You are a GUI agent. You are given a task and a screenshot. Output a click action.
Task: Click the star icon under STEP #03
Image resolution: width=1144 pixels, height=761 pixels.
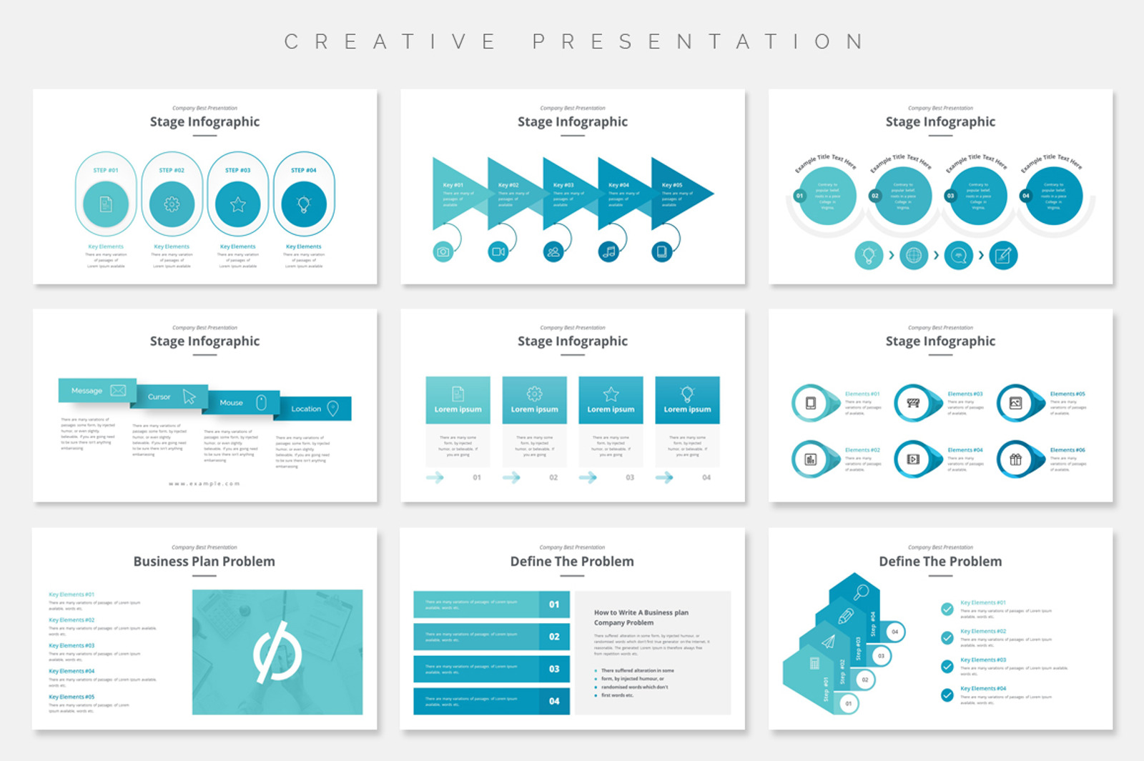point(238,204)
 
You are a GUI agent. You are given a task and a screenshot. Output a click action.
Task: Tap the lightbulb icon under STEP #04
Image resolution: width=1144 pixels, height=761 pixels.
point(304,204)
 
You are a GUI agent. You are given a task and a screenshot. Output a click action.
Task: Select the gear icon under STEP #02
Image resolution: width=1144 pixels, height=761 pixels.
point(172,204)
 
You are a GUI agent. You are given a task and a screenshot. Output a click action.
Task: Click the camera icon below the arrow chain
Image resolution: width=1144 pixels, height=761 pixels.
point(443,252)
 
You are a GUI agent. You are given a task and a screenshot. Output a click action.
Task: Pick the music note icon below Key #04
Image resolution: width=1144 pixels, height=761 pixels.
point(608,252)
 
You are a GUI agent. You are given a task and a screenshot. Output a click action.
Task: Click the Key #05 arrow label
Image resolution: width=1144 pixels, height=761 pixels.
point(672,185)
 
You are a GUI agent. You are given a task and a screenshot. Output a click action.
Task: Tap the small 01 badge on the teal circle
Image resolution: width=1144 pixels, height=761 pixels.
point(799,196)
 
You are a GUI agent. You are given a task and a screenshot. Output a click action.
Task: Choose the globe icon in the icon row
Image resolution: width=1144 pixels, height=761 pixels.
point(914,255)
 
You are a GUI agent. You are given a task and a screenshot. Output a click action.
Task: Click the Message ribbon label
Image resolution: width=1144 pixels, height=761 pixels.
point(87,391)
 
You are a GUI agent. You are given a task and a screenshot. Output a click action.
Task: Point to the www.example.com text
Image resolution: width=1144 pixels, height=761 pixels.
point(204,484)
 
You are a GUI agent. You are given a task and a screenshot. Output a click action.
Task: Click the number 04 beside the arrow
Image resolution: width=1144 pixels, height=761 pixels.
point(706,477)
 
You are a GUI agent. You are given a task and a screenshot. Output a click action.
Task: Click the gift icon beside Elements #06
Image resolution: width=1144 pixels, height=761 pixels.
point(1015,459)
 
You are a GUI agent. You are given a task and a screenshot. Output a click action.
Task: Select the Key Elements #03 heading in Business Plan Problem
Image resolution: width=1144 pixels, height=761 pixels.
point(71,645)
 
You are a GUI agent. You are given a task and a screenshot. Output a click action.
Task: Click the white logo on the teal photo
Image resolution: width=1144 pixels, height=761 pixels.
point(277,652)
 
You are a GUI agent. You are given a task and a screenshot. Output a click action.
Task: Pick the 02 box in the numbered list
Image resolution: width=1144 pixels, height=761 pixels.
point(554,637)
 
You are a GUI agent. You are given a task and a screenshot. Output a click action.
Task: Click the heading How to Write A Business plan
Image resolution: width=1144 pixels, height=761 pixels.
point(641,612)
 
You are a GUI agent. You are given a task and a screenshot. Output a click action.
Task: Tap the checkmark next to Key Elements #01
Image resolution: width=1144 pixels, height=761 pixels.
point(947,609)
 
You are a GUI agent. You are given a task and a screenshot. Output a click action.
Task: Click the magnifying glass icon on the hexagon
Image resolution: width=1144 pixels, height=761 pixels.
point(861,592)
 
